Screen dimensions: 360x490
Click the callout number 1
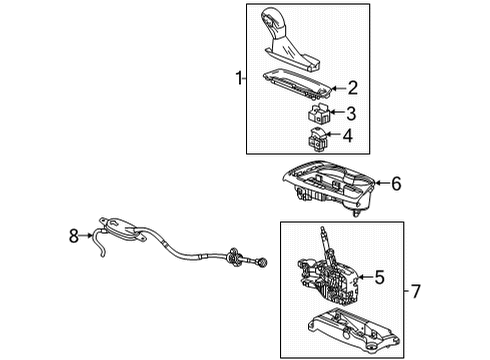[237, 77]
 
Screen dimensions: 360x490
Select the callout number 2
[352, 88]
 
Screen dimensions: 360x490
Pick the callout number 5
[380, 277]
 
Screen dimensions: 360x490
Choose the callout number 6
[396, 183]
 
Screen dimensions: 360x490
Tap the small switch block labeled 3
[320, 113]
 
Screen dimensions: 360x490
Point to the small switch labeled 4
[319, 139]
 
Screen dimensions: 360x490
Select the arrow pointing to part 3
[337, 112]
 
